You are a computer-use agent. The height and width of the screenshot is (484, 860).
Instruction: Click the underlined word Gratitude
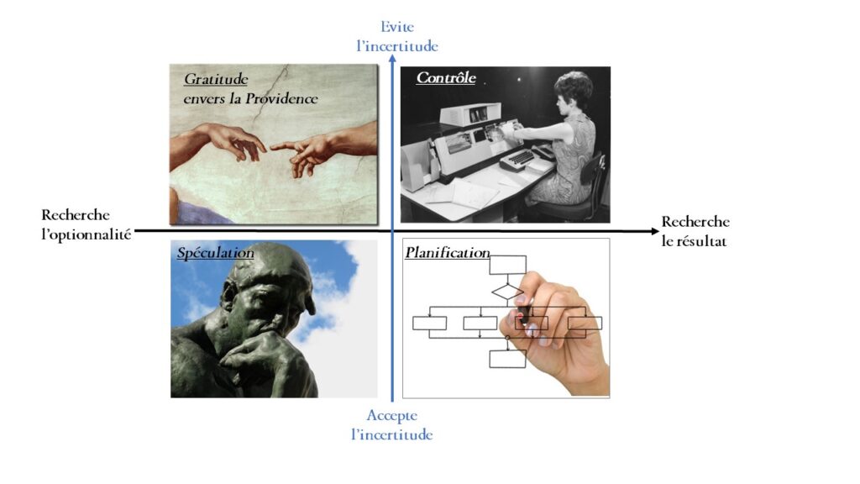coord(216,80)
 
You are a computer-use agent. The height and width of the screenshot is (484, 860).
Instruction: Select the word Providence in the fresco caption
coord(281,98)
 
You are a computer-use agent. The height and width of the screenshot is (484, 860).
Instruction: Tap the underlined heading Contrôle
coord(446,78)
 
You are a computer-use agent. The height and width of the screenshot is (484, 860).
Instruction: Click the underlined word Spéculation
coord(215,253)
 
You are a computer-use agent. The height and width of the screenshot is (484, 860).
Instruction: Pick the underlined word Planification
coord(447,253)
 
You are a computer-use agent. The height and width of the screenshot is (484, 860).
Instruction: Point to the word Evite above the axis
coord(397,26)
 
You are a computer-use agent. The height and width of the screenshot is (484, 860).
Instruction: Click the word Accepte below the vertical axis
coord(391,415)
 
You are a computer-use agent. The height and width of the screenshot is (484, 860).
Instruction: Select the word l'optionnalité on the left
coord(87,235)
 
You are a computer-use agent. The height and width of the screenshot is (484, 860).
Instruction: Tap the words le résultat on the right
coord(694,241)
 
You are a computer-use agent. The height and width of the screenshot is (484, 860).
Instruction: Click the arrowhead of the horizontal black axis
coord(654,231)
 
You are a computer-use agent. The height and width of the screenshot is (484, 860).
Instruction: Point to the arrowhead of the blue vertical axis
coord(392,59)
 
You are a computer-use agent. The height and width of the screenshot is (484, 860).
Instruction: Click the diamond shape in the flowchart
coord(507,292)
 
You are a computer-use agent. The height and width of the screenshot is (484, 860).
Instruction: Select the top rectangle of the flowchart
coord(507,265)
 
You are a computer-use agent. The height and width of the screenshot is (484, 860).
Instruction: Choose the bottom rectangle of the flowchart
coord(507,359)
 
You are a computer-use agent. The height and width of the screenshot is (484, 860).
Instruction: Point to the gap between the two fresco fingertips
coord(268,147)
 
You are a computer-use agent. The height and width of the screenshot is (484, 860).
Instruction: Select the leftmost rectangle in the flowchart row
coord(429,324)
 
